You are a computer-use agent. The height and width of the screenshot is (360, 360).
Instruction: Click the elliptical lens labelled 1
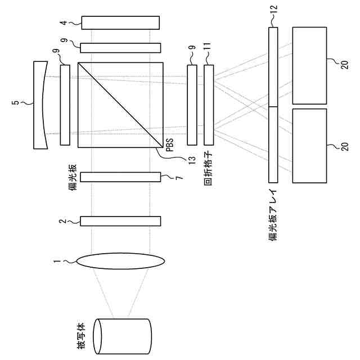(x=120, y=261)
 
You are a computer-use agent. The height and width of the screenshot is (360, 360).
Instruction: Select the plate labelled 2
(x=120, y=221)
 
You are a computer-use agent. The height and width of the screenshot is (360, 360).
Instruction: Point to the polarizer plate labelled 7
(x=120, y=177)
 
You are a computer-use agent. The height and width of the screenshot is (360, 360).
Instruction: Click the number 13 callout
(x=191, y=160)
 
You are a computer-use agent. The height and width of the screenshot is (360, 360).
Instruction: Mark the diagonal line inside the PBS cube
(x=120, y=105)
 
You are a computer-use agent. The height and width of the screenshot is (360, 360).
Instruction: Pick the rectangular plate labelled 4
(x=120, y=23)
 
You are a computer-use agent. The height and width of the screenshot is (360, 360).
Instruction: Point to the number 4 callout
(x=65, y=23)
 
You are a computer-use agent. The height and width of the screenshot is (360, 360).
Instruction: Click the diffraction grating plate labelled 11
(x=209, y=105)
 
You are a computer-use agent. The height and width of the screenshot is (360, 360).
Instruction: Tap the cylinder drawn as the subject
(x=121, y=337)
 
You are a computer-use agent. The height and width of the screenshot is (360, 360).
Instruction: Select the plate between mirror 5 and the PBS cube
(x=65, y=105)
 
